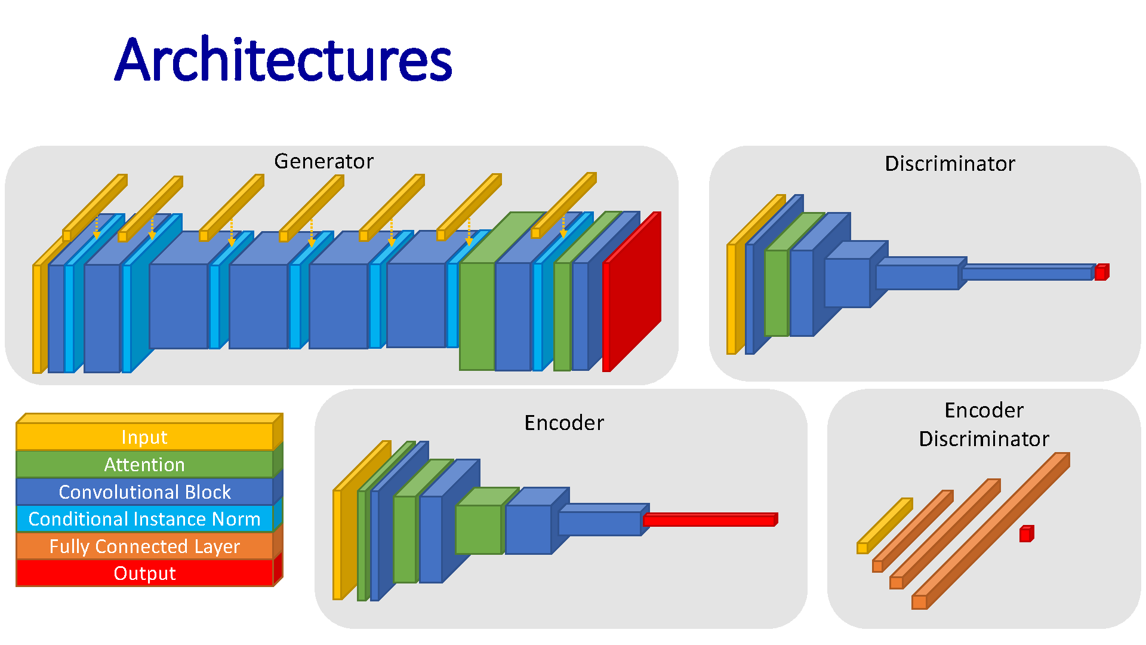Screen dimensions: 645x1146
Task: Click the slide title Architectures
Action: coord(284,60)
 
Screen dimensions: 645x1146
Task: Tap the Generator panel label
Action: coord(324,161)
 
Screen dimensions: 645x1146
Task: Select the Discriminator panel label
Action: coord(950,164)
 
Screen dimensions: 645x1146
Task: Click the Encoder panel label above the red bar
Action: coord(564,423)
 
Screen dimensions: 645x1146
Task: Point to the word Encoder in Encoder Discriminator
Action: coord(984,410)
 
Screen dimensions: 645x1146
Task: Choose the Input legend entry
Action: coord(144,437)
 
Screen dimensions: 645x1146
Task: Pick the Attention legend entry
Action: coord(144,465)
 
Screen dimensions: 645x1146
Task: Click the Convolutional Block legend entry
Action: coord(144,492)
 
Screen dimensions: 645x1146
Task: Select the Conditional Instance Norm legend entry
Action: coord(144,519)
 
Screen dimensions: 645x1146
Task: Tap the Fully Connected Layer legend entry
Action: coord(144,546)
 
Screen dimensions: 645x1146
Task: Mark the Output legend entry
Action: coord(144,573)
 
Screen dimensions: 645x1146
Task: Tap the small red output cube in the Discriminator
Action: coord(1101,273)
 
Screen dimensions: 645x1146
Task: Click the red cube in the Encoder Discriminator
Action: coord(1026,534)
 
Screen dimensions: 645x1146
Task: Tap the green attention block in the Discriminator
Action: coord(776,293)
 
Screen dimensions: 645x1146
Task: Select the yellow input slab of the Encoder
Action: coord(338,543)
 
